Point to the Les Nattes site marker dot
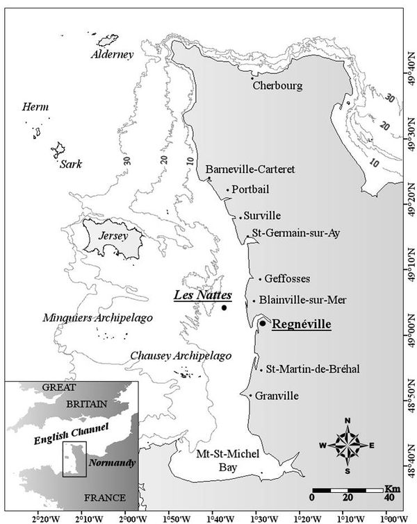224,307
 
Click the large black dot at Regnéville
262,323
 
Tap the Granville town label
277,396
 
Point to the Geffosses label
287,279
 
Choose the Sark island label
70,164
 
